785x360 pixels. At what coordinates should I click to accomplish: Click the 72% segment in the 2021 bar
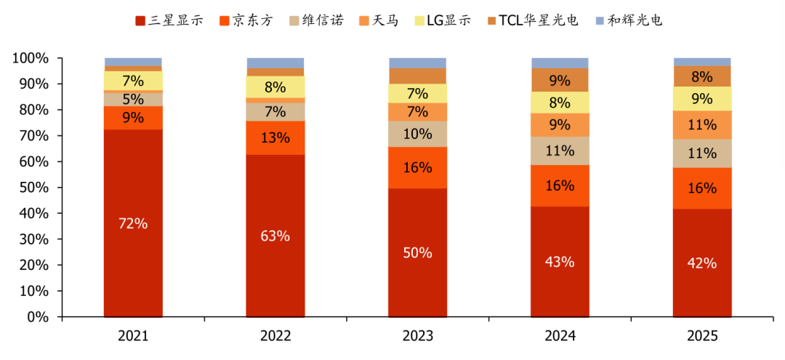[x=133, y=223]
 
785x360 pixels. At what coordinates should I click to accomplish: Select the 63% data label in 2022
[x=275, y=236]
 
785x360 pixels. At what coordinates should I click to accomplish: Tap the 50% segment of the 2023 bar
[x=418, y=252]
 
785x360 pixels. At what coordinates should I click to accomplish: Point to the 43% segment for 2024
[x=560, y=262]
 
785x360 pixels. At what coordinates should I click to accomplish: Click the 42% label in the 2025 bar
[x=702, y=263]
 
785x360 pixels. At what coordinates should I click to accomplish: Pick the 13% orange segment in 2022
[x=275, y=137]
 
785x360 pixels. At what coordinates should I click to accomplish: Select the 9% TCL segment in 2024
[x=560, y=80]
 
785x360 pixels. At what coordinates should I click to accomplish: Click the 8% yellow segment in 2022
[x=275, y=87]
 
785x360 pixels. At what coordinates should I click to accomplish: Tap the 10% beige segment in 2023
[x=418, y=134]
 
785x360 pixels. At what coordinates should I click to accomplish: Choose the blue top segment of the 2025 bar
[x=702, y=62]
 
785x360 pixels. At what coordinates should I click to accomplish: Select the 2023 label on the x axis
[x=418, y=336]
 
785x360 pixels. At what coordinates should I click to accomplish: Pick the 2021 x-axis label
[x=133, y=336]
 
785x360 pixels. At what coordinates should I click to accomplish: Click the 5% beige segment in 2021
[x=133, y=99]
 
